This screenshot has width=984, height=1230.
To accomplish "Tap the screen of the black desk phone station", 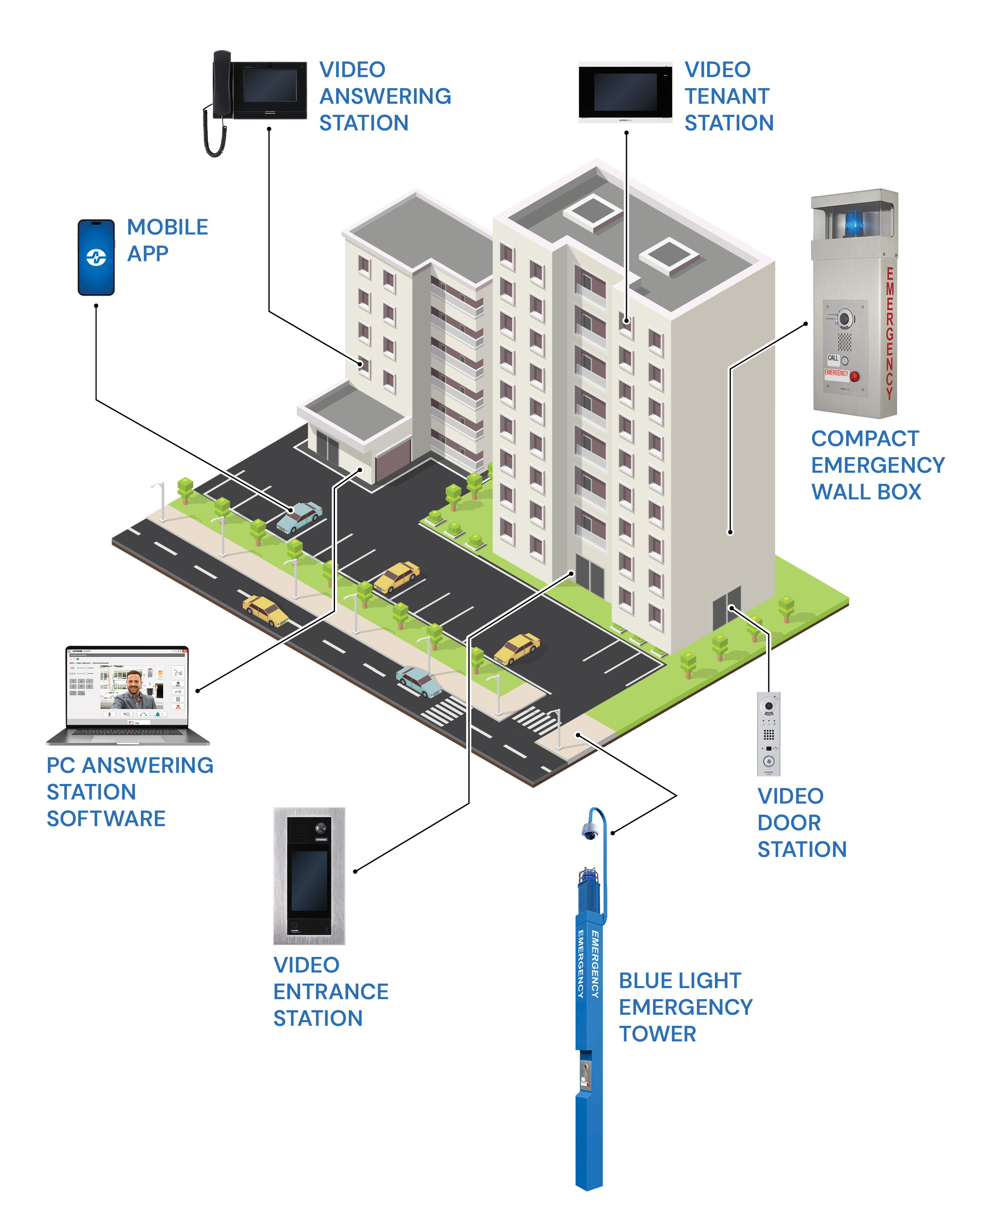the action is (x=270, y=86).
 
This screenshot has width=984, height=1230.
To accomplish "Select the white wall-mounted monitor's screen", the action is (x=626, y=92).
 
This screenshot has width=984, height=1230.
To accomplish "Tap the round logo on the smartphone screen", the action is (x=96, y=257).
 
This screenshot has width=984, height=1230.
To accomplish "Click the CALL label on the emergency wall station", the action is (x=833, y=358).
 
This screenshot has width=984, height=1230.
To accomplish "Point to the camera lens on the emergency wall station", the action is (x=845, y=318).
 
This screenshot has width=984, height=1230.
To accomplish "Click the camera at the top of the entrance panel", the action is (x=320, y=828).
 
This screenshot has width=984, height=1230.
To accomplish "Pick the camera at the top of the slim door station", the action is (x=769, y=706).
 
